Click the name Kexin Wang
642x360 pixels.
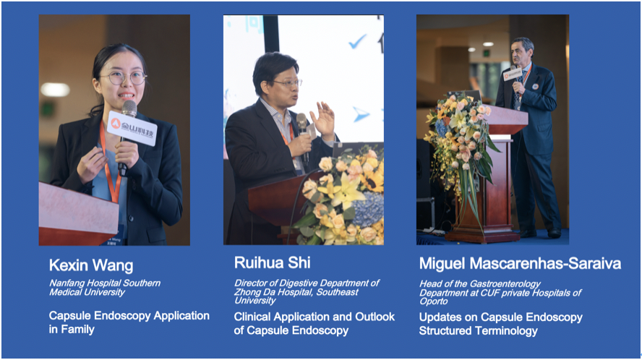pyautogui.click(x=91, y=265)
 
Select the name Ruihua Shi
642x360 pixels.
pyautogui.click(x=273, y=262)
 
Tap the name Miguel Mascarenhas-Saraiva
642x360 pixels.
pyautogui.click(x=520, y=263)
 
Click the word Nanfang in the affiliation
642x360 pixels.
pyautogui.click(x=64, y=283)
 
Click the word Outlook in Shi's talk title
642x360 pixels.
pyautogui.click(x=375, y=317)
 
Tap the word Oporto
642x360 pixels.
pyautogui.click(x=434, y=301)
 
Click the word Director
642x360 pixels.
pyautogui.click(x=250, y=283)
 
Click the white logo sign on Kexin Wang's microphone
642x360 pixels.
pyautogui.click(x=132, y=128)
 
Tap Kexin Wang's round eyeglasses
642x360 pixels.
pyautogui.click(x=123, y=78)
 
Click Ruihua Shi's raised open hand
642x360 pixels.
pyautogui.click(x=323, y=120)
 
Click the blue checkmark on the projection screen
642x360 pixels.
pyautogui.click(x=357, y=41)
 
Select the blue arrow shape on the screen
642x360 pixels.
pyautogui.click(x=361, y=114)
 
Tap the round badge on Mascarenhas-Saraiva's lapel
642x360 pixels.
pyautogui.click(x=535, y=87)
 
